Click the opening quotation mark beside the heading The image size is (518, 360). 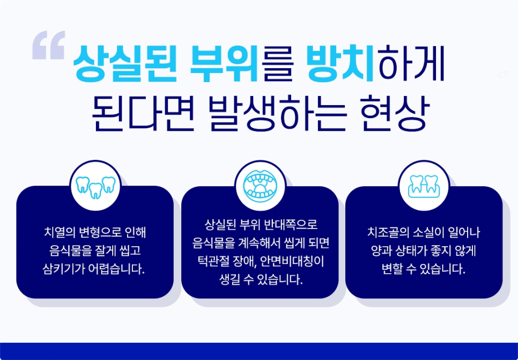pyautogui.click(x=49, y=45)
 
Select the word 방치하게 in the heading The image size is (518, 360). pyautogui.click(x=375, y=63)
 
